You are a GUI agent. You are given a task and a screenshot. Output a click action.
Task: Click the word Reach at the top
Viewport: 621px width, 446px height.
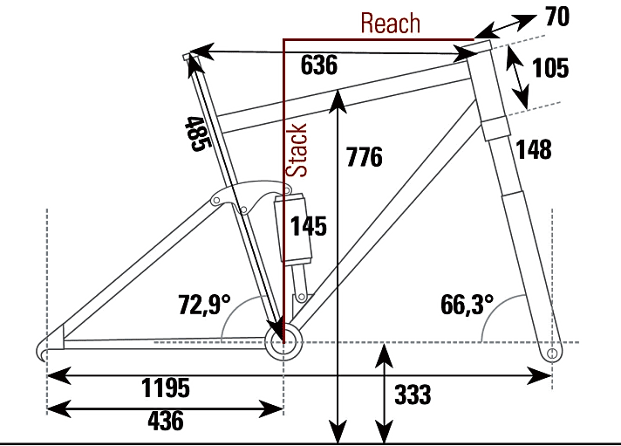[x=391, y=24]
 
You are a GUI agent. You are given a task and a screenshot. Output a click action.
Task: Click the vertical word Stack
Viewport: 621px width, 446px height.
[x=298, y=150]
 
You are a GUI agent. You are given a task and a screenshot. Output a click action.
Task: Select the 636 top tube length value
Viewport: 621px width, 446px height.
[x=318, y=65]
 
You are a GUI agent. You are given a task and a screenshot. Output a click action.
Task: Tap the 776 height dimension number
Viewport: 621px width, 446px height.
[x=364, y=158]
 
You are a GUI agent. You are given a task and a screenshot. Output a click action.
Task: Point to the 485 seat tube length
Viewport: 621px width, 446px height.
[x=196, y=134]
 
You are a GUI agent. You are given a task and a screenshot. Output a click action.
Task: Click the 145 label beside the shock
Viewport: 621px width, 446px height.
[x=309, y=227]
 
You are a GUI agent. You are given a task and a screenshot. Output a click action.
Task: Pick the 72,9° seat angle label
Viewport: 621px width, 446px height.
[x=204, y=305]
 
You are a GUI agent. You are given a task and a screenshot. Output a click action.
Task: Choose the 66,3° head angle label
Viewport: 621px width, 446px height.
[x=467, y=305]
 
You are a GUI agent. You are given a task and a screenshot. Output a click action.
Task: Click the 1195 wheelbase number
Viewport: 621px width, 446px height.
[x=166, y=388]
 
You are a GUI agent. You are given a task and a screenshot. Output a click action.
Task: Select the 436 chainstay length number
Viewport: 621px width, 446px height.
[x=166, y=421]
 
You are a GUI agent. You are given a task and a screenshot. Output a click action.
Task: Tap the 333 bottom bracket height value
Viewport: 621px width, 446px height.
[x=413, y=395]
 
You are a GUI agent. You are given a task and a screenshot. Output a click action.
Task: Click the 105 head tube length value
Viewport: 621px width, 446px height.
[x=549, y=68]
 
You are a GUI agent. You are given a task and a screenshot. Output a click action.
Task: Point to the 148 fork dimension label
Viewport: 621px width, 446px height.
[x=534, y=150]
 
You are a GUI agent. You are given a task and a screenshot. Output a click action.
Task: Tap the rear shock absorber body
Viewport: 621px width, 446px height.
[x=295, y=230]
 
